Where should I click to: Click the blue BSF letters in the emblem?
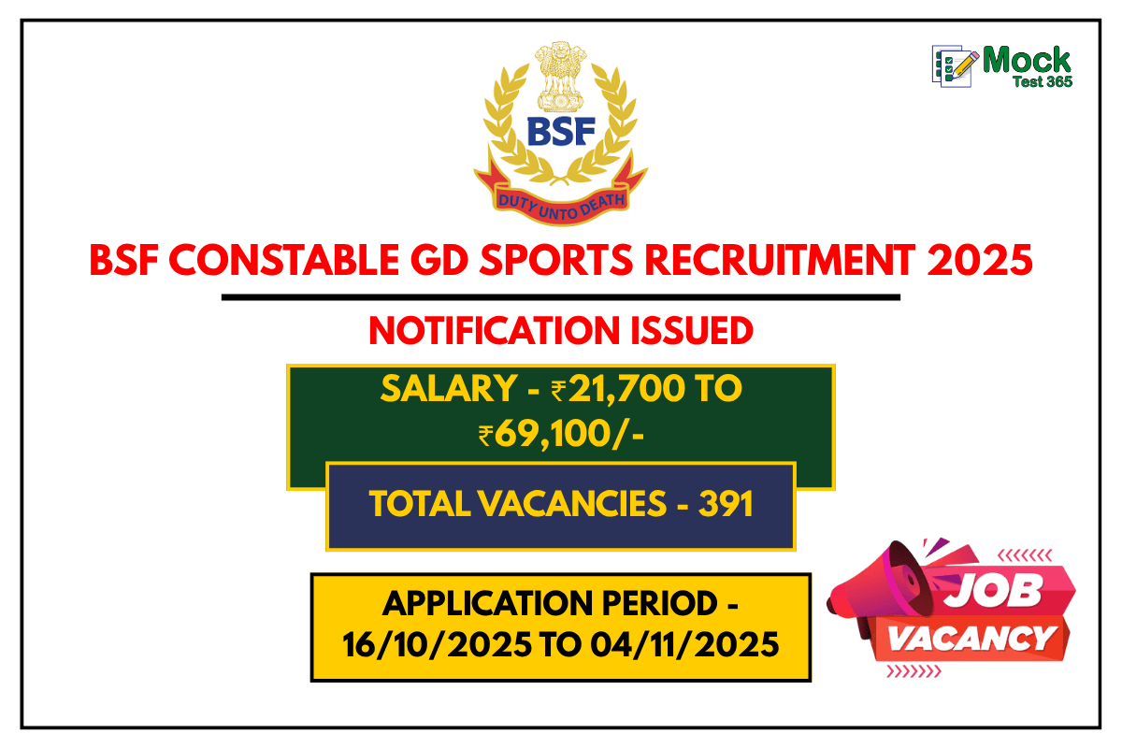(561, 132)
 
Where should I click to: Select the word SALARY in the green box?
(445, 389)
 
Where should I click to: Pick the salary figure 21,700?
(616, 389)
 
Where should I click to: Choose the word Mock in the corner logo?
(1027, 61)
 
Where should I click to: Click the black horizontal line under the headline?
(561, 297)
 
